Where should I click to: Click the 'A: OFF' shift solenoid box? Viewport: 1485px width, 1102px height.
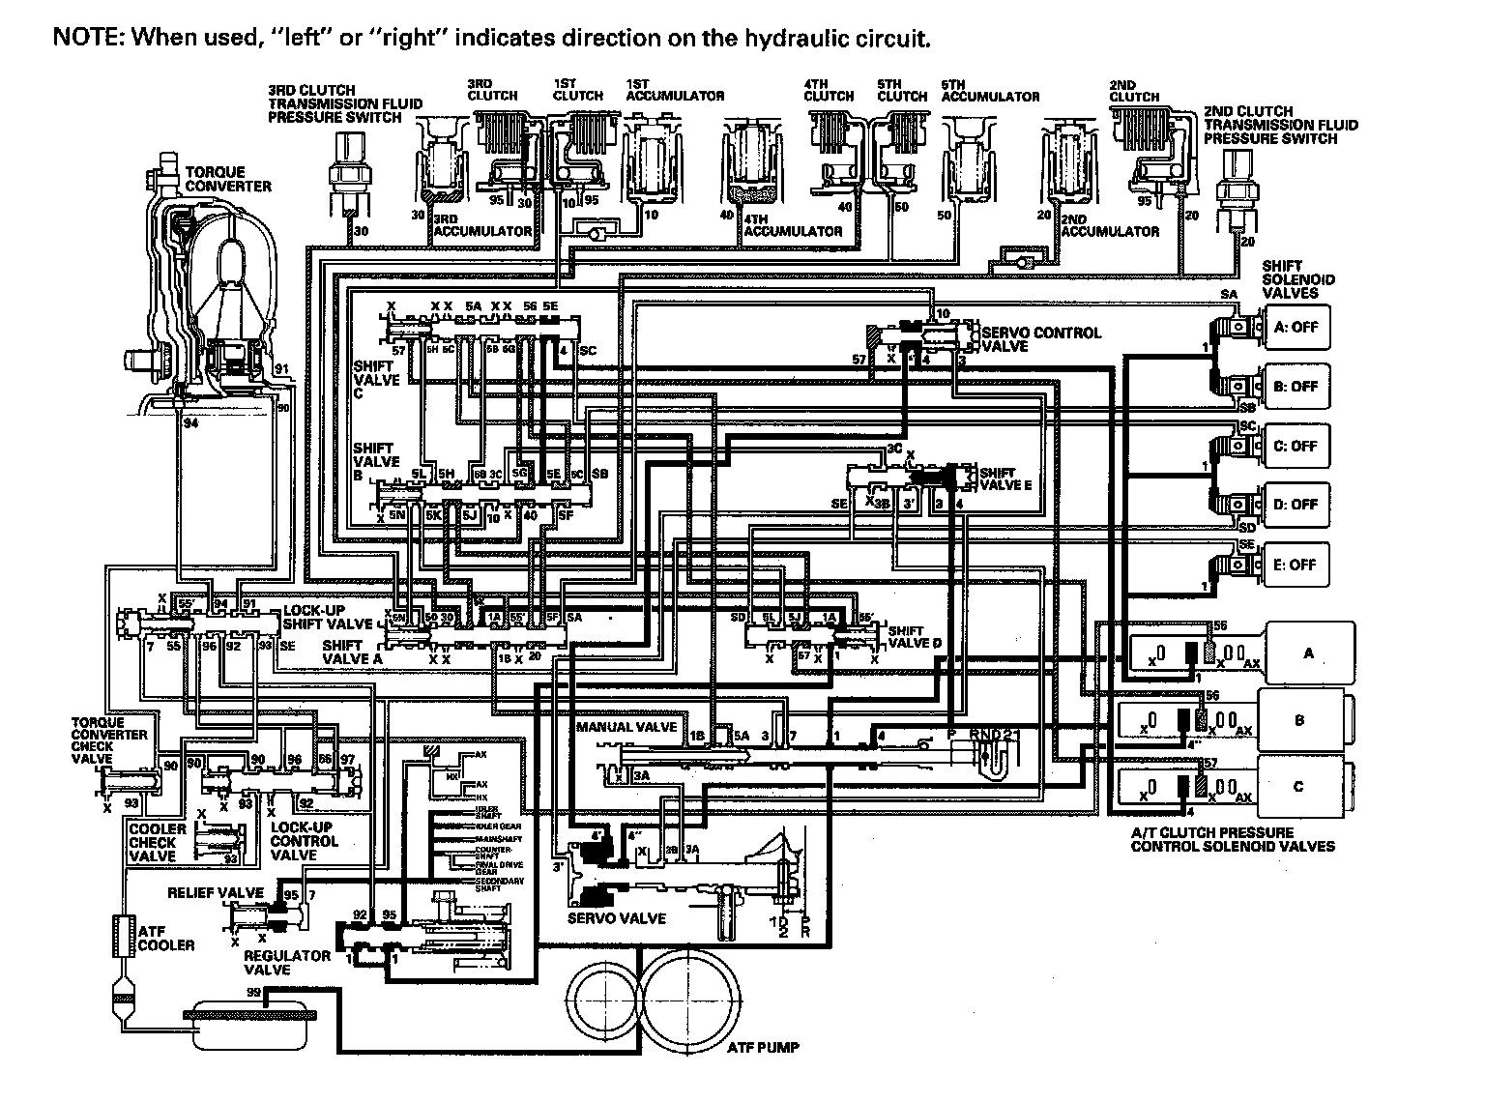point(1296,327)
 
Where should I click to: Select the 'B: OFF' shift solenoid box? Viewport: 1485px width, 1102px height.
point(1296,387)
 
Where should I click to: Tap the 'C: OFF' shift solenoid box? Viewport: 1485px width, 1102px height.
point(1296,447)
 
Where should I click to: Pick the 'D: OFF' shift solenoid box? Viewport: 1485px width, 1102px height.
point(1296,505)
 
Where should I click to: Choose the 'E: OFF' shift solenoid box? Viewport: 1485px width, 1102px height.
point(1296,565)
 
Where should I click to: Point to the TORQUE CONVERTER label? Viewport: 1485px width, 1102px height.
point(228,179)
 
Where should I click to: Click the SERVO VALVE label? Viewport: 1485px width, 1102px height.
point(616,918)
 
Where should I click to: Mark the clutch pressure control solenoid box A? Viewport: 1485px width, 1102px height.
point(1309,653)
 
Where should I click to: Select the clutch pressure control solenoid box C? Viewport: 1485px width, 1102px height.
point(1298,786)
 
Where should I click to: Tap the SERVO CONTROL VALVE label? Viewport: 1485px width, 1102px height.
point(1040,339)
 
